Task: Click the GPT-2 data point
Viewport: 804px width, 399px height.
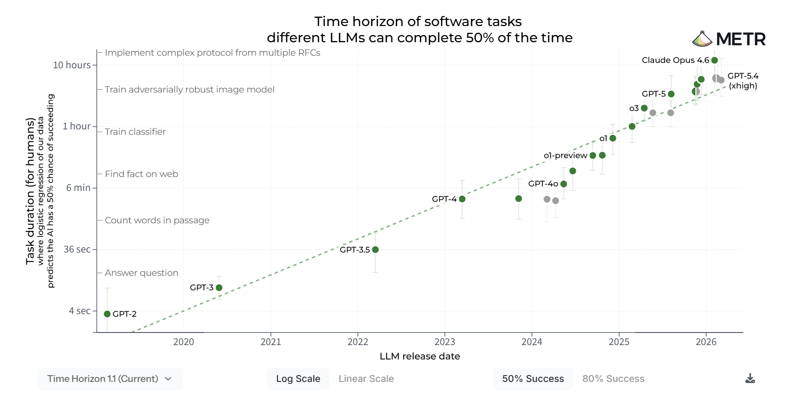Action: (x=107, y=314)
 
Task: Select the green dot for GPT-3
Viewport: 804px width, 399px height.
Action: (x=219, y=288)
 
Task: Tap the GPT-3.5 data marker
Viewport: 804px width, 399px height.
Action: (x=375, y=250)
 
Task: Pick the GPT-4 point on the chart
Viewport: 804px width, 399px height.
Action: (x=462, y=199)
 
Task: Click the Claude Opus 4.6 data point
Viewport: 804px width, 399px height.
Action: (x=715, y=60)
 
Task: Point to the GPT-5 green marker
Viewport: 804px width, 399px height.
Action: (x=671, y=94)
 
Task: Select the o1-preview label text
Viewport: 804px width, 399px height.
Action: (x=565, y=155)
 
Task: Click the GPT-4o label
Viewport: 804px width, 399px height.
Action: (x=543, y=184)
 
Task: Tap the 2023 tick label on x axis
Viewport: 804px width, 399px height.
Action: (x=445, y=342)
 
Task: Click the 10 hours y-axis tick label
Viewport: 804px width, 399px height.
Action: (x=72, y=65)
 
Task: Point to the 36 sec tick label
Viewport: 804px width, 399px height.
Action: (x=77, y=249)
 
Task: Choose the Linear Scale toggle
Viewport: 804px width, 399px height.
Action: (x=366, y=379)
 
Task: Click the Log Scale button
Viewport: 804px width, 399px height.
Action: (x=298, y=379)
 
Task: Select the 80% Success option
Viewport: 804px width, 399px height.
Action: (x=613, y=379)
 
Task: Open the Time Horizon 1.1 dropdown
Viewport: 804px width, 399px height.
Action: (x=110, y=379)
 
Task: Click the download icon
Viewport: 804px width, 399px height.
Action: (x=750, y=378)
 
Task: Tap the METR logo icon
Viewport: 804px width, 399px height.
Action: (x=702, y=39)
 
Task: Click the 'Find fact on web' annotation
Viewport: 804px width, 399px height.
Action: (x=141, y=174)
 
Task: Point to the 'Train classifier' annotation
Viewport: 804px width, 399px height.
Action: (x=135, y=132)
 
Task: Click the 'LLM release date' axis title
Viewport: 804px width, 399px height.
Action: (x=420, y=356)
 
